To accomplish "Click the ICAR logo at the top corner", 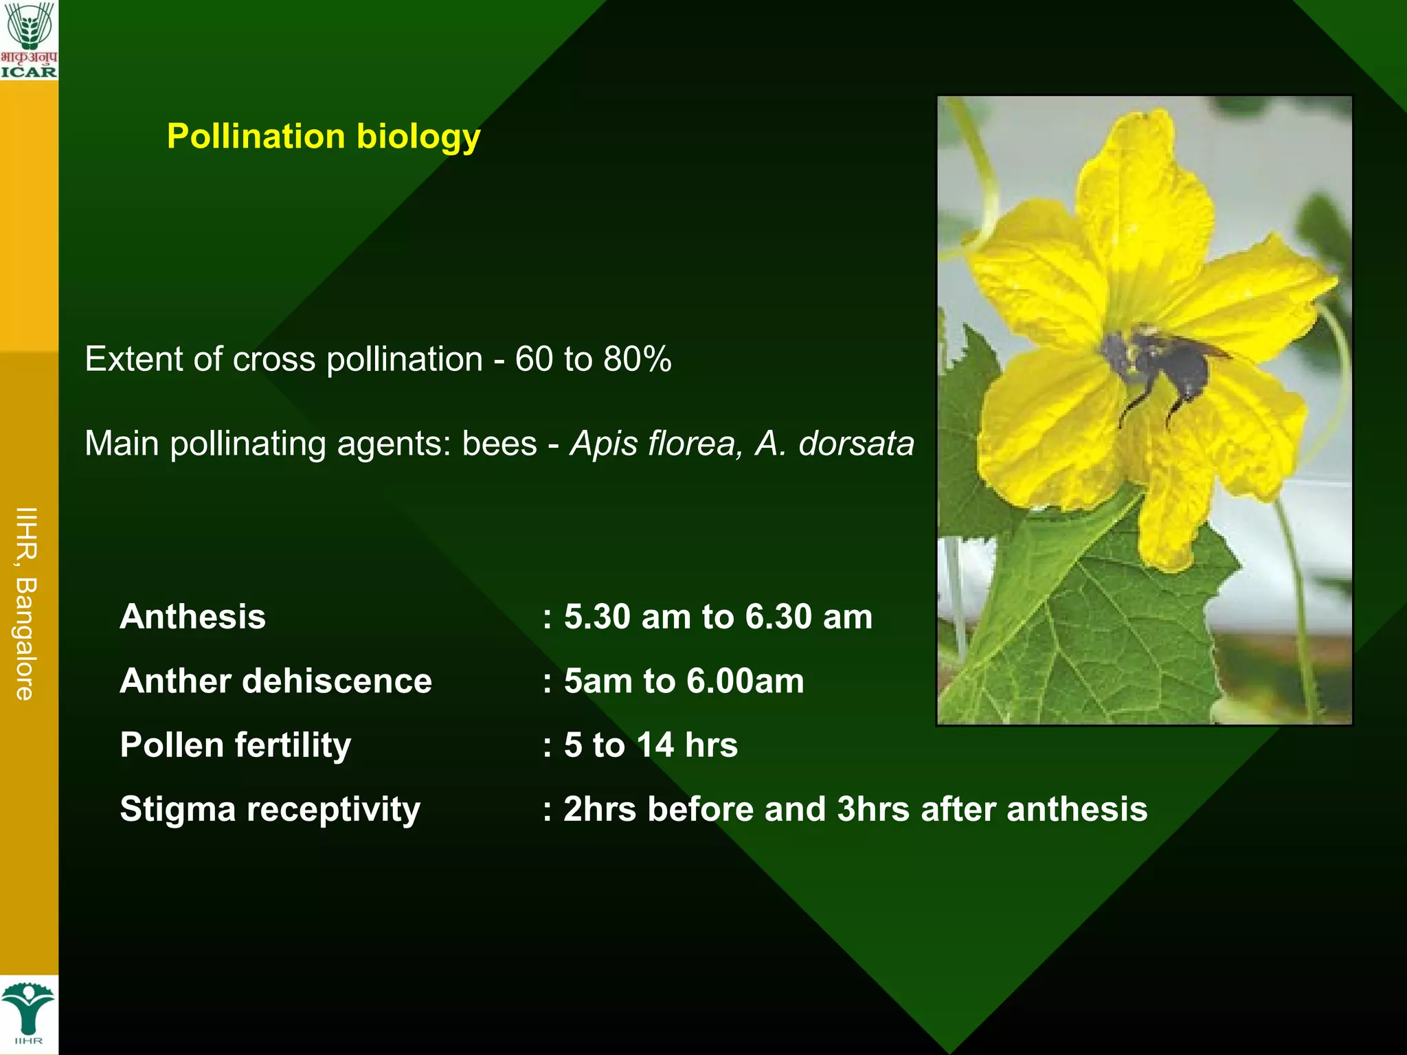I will click(x=29, y=39).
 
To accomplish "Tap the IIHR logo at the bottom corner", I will click(x=28, y=1014).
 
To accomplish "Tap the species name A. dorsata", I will click(x=835, y=443).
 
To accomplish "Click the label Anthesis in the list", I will click(x=193, y=616).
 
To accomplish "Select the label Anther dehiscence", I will click(x=275, y=681).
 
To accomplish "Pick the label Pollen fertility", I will click(x=236, y=745).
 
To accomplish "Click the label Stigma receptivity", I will click(x=270, y=809).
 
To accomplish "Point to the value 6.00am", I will click(x=745, y=681).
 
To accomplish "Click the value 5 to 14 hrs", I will click(x=651, y=745).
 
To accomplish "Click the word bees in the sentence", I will click(x=499, y=443).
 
